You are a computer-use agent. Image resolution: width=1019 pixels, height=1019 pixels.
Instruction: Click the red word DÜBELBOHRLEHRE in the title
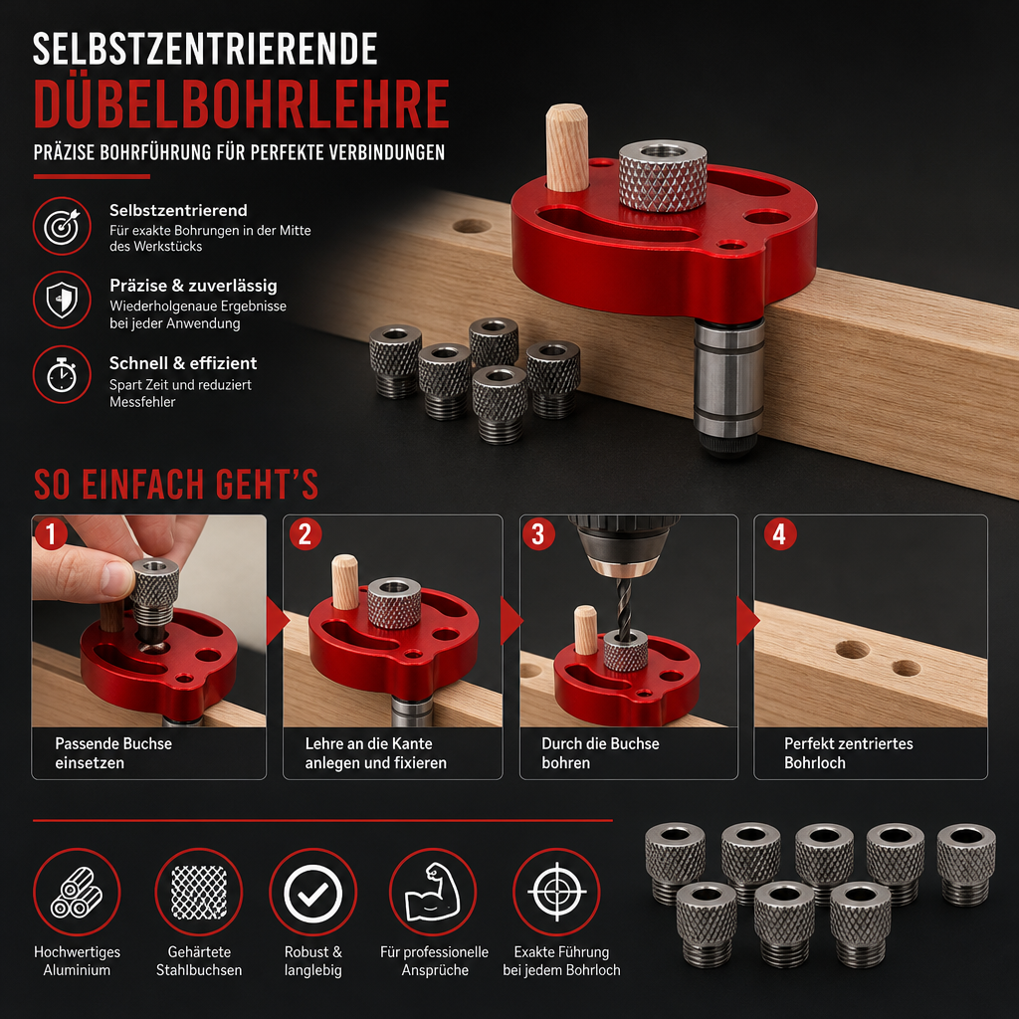(241, 103)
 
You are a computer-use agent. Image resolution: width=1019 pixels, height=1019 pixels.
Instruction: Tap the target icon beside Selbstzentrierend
(62, 226)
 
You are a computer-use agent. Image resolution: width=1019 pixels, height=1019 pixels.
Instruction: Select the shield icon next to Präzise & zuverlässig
(62, 301)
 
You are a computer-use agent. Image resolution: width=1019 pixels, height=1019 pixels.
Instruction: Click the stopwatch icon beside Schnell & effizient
(62, 375)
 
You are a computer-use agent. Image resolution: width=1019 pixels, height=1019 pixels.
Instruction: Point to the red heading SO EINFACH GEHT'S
(175, 485)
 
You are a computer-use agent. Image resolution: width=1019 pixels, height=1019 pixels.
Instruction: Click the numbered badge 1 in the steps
(52, 534)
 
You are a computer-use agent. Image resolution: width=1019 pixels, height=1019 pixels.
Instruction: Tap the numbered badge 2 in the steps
(305, 534)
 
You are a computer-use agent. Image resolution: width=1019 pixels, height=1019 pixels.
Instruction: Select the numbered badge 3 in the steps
(538, 534)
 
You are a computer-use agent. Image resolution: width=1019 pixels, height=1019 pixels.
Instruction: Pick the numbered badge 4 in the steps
(780, 534)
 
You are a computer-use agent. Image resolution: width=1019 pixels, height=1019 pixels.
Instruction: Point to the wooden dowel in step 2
(345, 581)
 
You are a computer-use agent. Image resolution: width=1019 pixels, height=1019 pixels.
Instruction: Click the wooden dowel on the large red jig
(566, 147)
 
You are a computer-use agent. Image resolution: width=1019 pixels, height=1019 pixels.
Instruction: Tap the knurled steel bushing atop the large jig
(662, 175)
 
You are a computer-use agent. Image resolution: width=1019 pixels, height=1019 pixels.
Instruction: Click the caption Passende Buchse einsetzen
(113, 753)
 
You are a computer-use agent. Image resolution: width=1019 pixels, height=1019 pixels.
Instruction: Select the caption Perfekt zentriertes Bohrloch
(848, 753)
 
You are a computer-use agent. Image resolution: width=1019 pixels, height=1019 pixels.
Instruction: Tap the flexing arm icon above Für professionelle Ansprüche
(433, 893)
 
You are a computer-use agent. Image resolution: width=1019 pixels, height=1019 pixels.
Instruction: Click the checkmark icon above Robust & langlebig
(313, 893)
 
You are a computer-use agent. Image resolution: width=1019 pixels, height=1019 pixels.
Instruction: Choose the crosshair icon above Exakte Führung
(556, 893)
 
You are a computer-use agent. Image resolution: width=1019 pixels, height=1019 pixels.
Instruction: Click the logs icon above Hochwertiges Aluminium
(77, 893)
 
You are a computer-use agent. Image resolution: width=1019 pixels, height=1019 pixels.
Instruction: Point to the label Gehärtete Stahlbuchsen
(199, 961)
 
